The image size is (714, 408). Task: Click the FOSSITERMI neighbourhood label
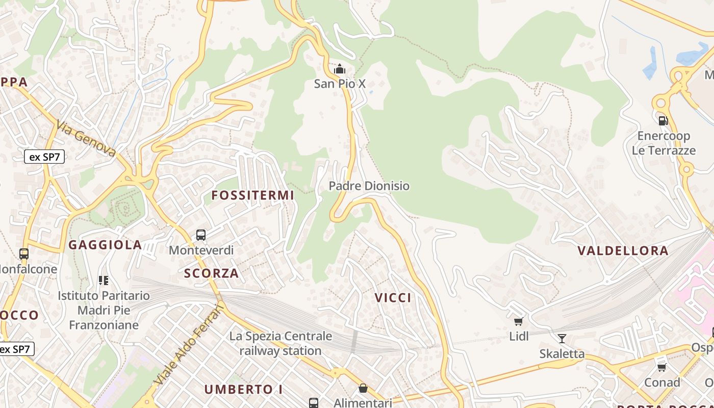pyautogui.click(x=253, y=195)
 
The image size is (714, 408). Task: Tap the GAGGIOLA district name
pyautogui.click(x=105, y=245)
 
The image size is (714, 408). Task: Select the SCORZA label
pyautogui.click(x=212, y=273)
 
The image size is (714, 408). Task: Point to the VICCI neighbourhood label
pyautogui.click(x=393, y=298)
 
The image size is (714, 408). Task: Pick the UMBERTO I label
pyautogui.click(x=244, y=390)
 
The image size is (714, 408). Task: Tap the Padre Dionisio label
pyautogui.click(x=369, y=186)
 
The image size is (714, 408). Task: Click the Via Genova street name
pyautogui.click(x=86, y=138)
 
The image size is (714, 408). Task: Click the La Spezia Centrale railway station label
pyautogui.click(x=280, y=343)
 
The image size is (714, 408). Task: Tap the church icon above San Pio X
pyautogui.click(x=340, y=69)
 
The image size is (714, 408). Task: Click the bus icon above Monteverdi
pyautogui.click(x=201, y=235)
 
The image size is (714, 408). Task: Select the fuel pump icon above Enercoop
pyautogui.click(x=663, y=121)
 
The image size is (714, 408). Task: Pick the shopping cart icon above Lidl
pyautogui.click(x=519, y=321)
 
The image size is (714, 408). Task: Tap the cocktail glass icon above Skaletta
pyautogui.click(x=562, y=339)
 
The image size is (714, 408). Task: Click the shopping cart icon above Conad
pyautogui.click(x=662, y=367)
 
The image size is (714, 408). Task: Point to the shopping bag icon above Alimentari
pyautogui.click(x=363, y=389)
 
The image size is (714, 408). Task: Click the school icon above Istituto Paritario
pyautogui.click(x=104, y=280)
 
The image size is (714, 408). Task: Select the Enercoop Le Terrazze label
pyautogui.click(x=664, y=143)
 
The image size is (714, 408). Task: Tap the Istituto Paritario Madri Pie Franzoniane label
pyautogui.click(x=104, y=310)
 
